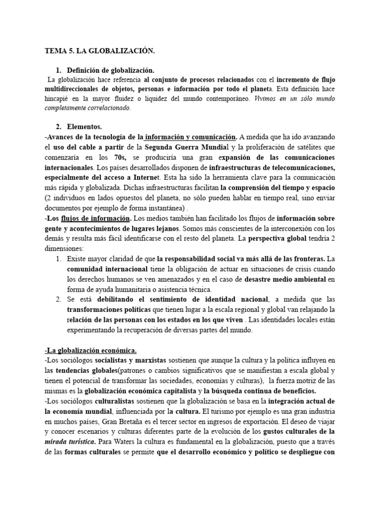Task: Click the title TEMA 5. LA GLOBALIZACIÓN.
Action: pyautogui.click(x=100, y=51)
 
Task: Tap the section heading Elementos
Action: pyautogui.click(x=85, y=127)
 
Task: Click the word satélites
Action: pyautogui.click(x=307, y=147)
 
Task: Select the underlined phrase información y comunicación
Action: pyautogui.click(x=191, y=137)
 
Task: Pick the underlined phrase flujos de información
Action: pyautogui.click(x=95, y=218)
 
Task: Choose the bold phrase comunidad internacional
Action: pyautogui.click(x=107, y=269)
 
